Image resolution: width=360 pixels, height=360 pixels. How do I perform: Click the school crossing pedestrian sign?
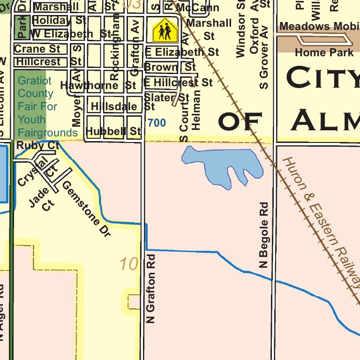pyautogui.click(x=165, y=31)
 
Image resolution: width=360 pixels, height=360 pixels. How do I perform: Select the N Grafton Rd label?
pyautogui.click(x=150, y=289)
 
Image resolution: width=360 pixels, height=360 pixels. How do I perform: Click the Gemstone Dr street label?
pyautogui.click(x=86, y=209)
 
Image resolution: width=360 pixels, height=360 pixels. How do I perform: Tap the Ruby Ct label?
pyautogui.click(x=37, y=146)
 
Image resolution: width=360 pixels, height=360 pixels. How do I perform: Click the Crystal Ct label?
pyautogui.click(x=37, y=171)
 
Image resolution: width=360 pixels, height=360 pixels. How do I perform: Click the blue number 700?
pyautogui.click(x=157, y=123)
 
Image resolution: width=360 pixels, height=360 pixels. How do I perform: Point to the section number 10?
pyautogui.click(x=129, y=264)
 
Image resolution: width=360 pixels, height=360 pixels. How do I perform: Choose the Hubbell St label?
pyautogui.click(x=114, y=131)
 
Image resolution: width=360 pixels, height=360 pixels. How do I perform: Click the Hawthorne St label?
pyautogui.click(x=98, y=85)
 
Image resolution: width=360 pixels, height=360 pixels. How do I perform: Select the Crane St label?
pyautogui.click(x=37, y=49)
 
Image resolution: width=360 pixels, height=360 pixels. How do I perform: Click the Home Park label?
pyautogui.click(x=324, y=52)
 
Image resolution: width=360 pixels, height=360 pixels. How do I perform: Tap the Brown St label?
pyautogui.click(x=170, y=67)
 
